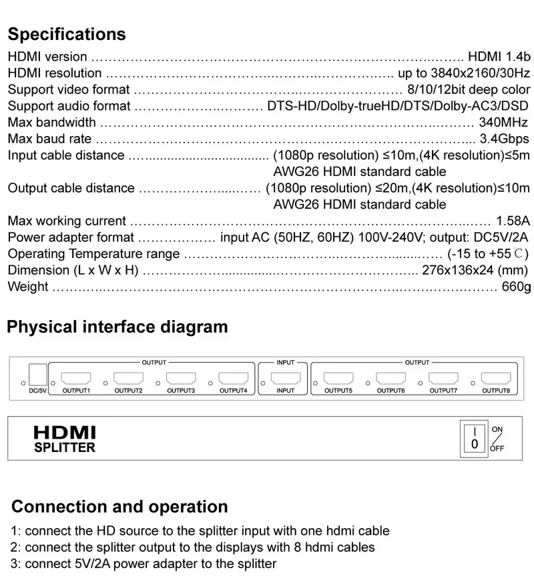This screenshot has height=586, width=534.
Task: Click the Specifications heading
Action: point(67,34)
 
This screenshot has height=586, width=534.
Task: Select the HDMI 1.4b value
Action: point(499,57)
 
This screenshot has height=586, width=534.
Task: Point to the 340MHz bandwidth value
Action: point(503,122)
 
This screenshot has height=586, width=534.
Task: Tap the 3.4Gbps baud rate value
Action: point(505,139)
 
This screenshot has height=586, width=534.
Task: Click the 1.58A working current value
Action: point(513,221)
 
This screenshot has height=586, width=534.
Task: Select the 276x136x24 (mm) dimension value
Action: point(475,270)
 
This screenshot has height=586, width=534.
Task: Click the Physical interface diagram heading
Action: point(117,327)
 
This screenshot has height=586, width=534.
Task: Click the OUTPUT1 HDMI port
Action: point(75,378)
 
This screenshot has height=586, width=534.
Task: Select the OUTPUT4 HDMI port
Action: point(233,378)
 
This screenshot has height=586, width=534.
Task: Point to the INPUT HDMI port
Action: point(285,378)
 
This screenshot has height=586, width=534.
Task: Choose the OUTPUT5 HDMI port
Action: point(338,378)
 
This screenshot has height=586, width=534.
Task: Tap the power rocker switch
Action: point(475,437)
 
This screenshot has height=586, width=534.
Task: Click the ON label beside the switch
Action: point(497,429)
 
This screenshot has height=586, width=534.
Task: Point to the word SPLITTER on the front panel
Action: point(65,448)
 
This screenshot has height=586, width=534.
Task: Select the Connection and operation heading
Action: point(119,506)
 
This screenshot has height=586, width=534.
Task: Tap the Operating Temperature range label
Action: point(93,254)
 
